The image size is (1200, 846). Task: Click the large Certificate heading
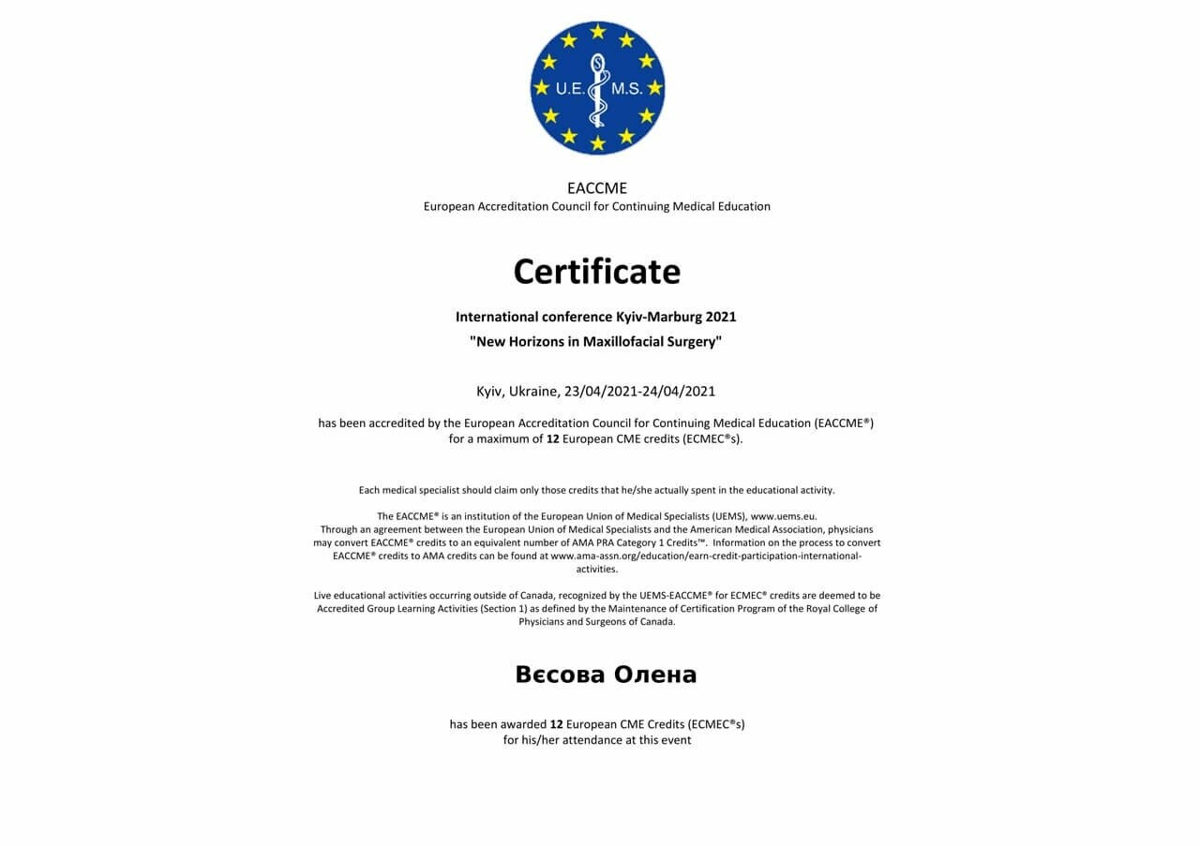pos(596,272)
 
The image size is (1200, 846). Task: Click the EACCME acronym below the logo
pos(597,188)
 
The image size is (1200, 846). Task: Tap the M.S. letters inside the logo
pos(625,89)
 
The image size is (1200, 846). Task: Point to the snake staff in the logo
pos(597,89)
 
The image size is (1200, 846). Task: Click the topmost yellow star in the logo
pos(597,32)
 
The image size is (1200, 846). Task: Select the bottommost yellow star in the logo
pos(597,143)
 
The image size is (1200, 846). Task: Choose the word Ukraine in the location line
pos(534,391)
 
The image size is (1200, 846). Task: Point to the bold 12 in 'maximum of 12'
pos(553,438)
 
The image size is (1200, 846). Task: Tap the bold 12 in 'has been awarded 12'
pos(556,724)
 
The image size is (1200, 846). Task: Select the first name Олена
pos(655,675)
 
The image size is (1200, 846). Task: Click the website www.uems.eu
pos(783,516)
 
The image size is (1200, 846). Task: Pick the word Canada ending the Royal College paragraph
pos(657,621)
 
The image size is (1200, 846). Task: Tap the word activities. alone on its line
pos(597,569)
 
